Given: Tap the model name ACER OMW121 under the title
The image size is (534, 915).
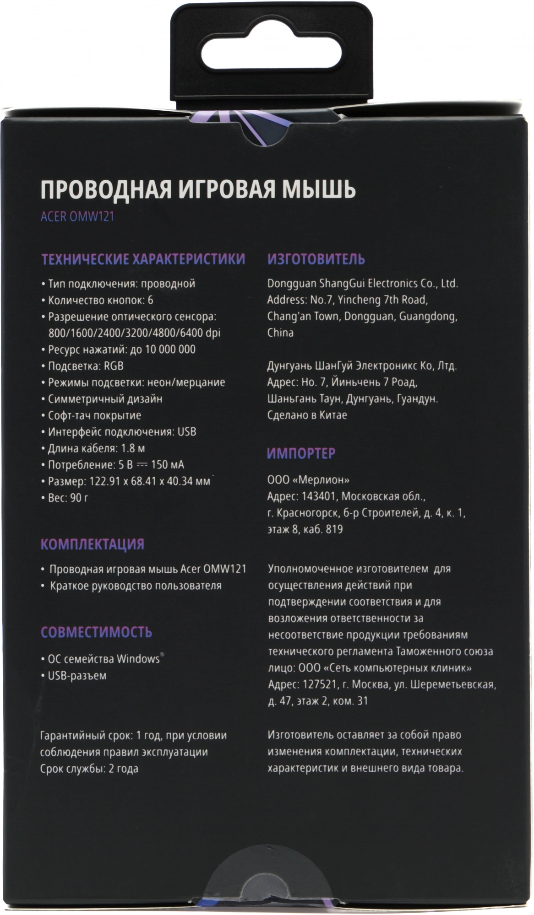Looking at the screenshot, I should coord(77,216).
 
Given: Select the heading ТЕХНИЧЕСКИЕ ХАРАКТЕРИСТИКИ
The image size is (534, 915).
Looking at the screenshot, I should coord(143,259).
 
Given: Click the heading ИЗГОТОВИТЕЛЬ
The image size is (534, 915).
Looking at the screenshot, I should coord(316,259).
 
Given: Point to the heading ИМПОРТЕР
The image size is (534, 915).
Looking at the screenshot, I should coord(301,453).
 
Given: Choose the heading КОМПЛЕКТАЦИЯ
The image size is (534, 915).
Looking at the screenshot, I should coord(93,544).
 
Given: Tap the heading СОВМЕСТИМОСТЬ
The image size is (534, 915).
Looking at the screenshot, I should coord(96,632).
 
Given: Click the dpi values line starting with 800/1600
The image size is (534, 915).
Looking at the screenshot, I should coord(134,333).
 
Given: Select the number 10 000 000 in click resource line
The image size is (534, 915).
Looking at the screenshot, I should coord(170,350).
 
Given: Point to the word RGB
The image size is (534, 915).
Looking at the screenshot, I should coord(114,366).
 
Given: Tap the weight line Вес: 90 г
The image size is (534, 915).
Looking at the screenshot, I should coord(68,498).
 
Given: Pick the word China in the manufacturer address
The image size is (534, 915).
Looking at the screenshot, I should coord(280,333).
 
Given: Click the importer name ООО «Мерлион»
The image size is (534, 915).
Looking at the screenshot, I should coord(308,480).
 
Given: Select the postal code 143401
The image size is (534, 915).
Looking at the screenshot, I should coord(319,496).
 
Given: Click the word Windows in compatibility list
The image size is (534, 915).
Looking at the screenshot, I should coord(138,659).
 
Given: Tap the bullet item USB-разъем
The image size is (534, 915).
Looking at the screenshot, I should coord(77,675).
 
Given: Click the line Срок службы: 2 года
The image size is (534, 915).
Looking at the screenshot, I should coord(89,769).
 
